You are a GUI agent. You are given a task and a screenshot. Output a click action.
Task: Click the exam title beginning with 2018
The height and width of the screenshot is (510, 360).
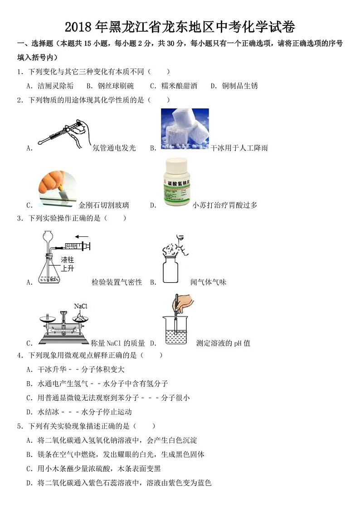[180, 27]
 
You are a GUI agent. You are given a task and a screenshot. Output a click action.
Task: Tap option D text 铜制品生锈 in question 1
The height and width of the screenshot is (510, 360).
[240, 86]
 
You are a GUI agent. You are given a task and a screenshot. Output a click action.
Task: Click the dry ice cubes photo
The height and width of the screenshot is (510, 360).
[185, 129]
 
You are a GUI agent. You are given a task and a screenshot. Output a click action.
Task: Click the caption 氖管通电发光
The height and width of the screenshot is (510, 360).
[114, 148]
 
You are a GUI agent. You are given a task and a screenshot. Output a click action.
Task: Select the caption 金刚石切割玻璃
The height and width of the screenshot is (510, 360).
[104, 205]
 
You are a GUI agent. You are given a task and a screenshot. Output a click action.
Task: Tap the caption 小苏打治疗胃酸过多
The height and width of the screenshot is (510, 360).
[225, 205]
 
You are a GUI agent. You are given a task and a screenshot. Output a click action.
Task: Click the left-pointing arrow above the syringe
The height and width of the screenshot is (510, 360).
[82, 236]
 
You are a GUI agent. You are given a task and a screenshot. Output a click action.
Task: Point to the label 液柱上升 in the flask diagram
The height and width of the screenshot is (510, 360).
[68, 264]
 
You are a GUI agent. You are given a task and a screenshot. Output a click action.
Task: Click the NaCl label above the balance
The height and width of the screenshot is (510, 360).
[80, 306]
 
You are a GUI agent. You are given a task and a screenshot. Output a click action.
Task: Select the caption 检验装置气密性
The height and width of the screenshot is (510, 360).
[117, 282]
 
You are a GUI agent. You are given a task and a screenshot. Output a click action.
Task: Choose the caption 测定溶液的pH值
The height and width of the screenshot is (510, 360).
[223, 343]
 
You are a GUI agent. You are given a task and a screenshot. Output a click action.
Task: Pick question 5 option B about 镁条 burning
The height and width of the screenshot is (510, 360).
[116, 454]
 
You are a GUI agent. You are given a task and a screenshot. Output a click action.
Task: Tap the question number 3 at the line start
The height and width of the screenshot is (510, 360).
[19, 218]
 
